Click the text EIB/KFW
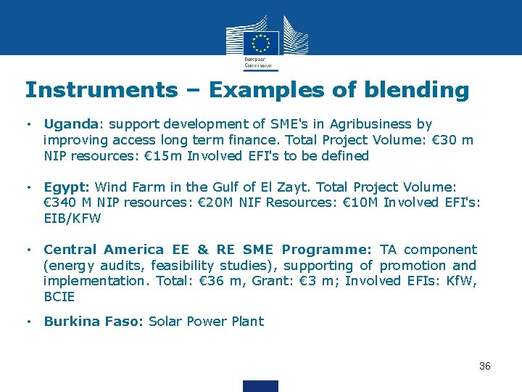[73, 218]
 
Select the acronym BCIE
[59, 297]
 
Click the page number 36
[485, 366]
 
